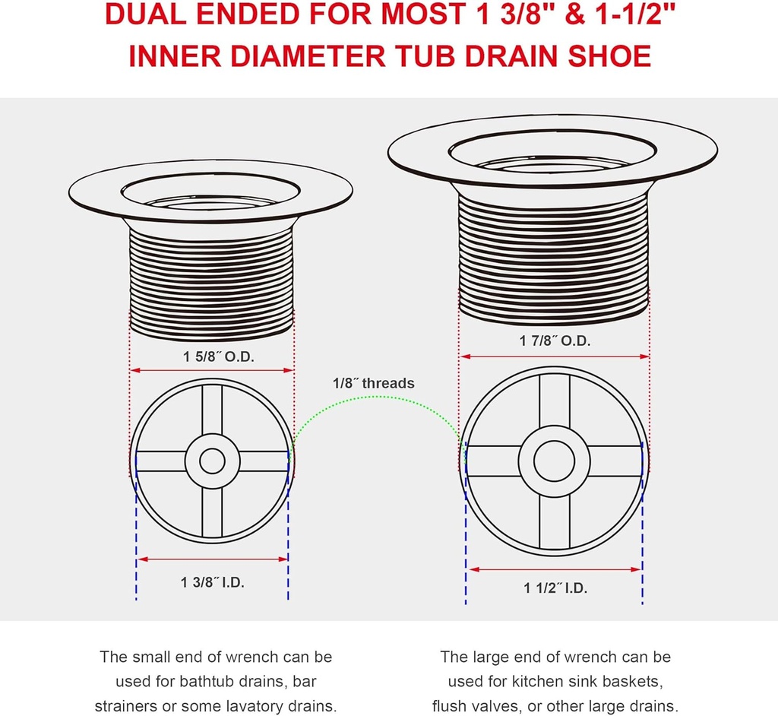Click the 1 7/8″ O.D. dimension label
coord(555,341)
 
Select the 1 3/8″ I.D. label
coord(213,583)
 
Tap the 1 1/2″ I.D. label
coord(555,588)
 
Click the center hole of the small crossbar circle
coord(212,461)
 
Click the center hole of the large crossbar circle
coord(555,461)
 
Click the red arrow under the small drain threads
coord(212,370)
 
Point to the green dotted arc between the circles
coord(377,408)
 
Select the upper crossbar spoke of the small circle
coord(212,409)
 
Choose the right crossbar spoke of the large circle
coord(615,461)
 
